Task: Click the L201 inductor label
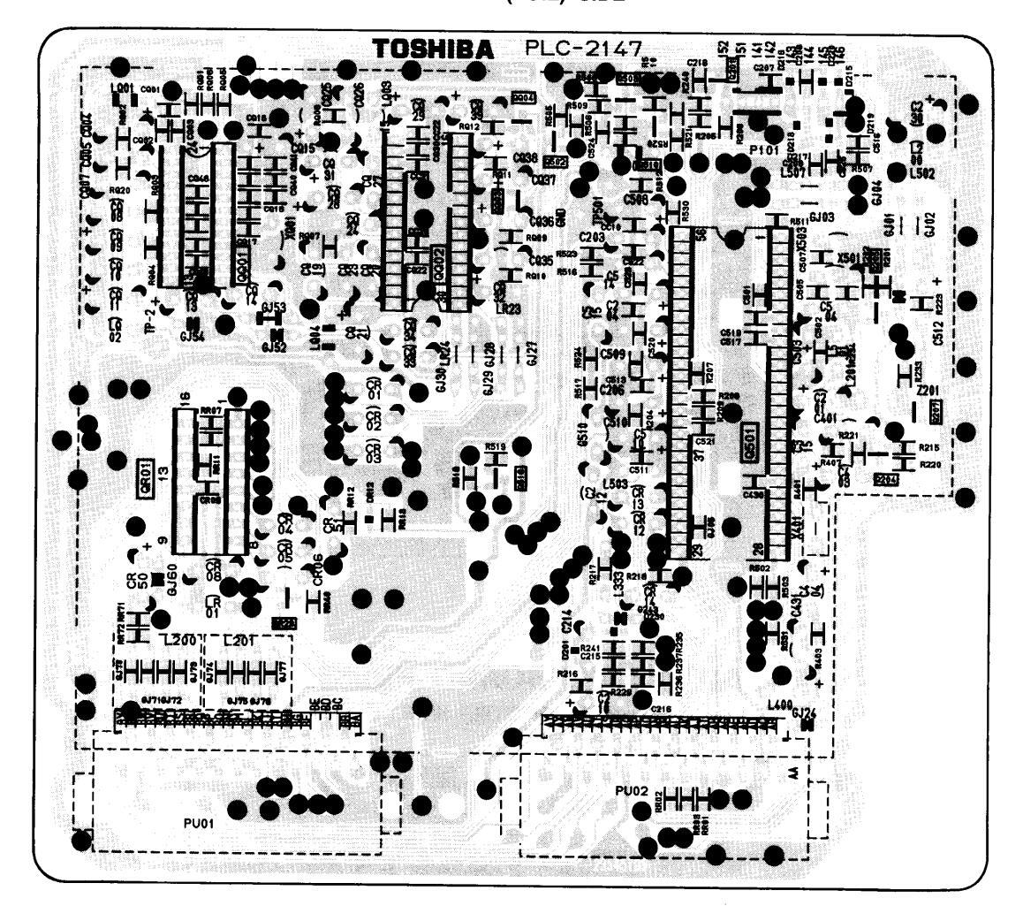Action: coord(239,641)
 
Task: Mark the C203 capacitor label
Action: coord(593,237)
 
